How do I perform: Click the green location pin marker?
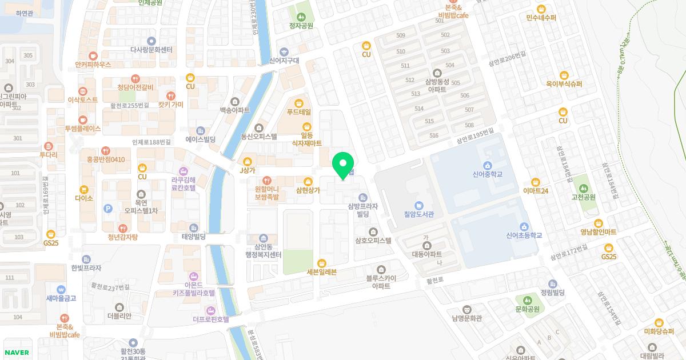[343, 165]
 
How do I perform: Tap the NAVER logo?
[17, 353]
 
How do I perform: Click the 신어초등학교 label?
[524, 235]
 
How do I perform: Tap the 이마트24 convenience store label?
[536, 191]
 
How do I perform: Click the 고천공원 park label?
[583, 197]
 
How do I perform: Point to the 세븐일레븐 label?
[322, 271]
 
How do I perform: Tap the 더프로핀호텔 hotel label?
[210, 319]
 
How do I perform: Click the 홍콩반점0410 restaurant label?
[105, 159]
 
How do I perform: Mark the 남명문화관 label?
[466, 318]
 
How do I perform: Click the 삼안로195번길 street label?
[474, 136]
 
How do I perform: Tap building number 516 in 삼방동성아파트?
[433, 135]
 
